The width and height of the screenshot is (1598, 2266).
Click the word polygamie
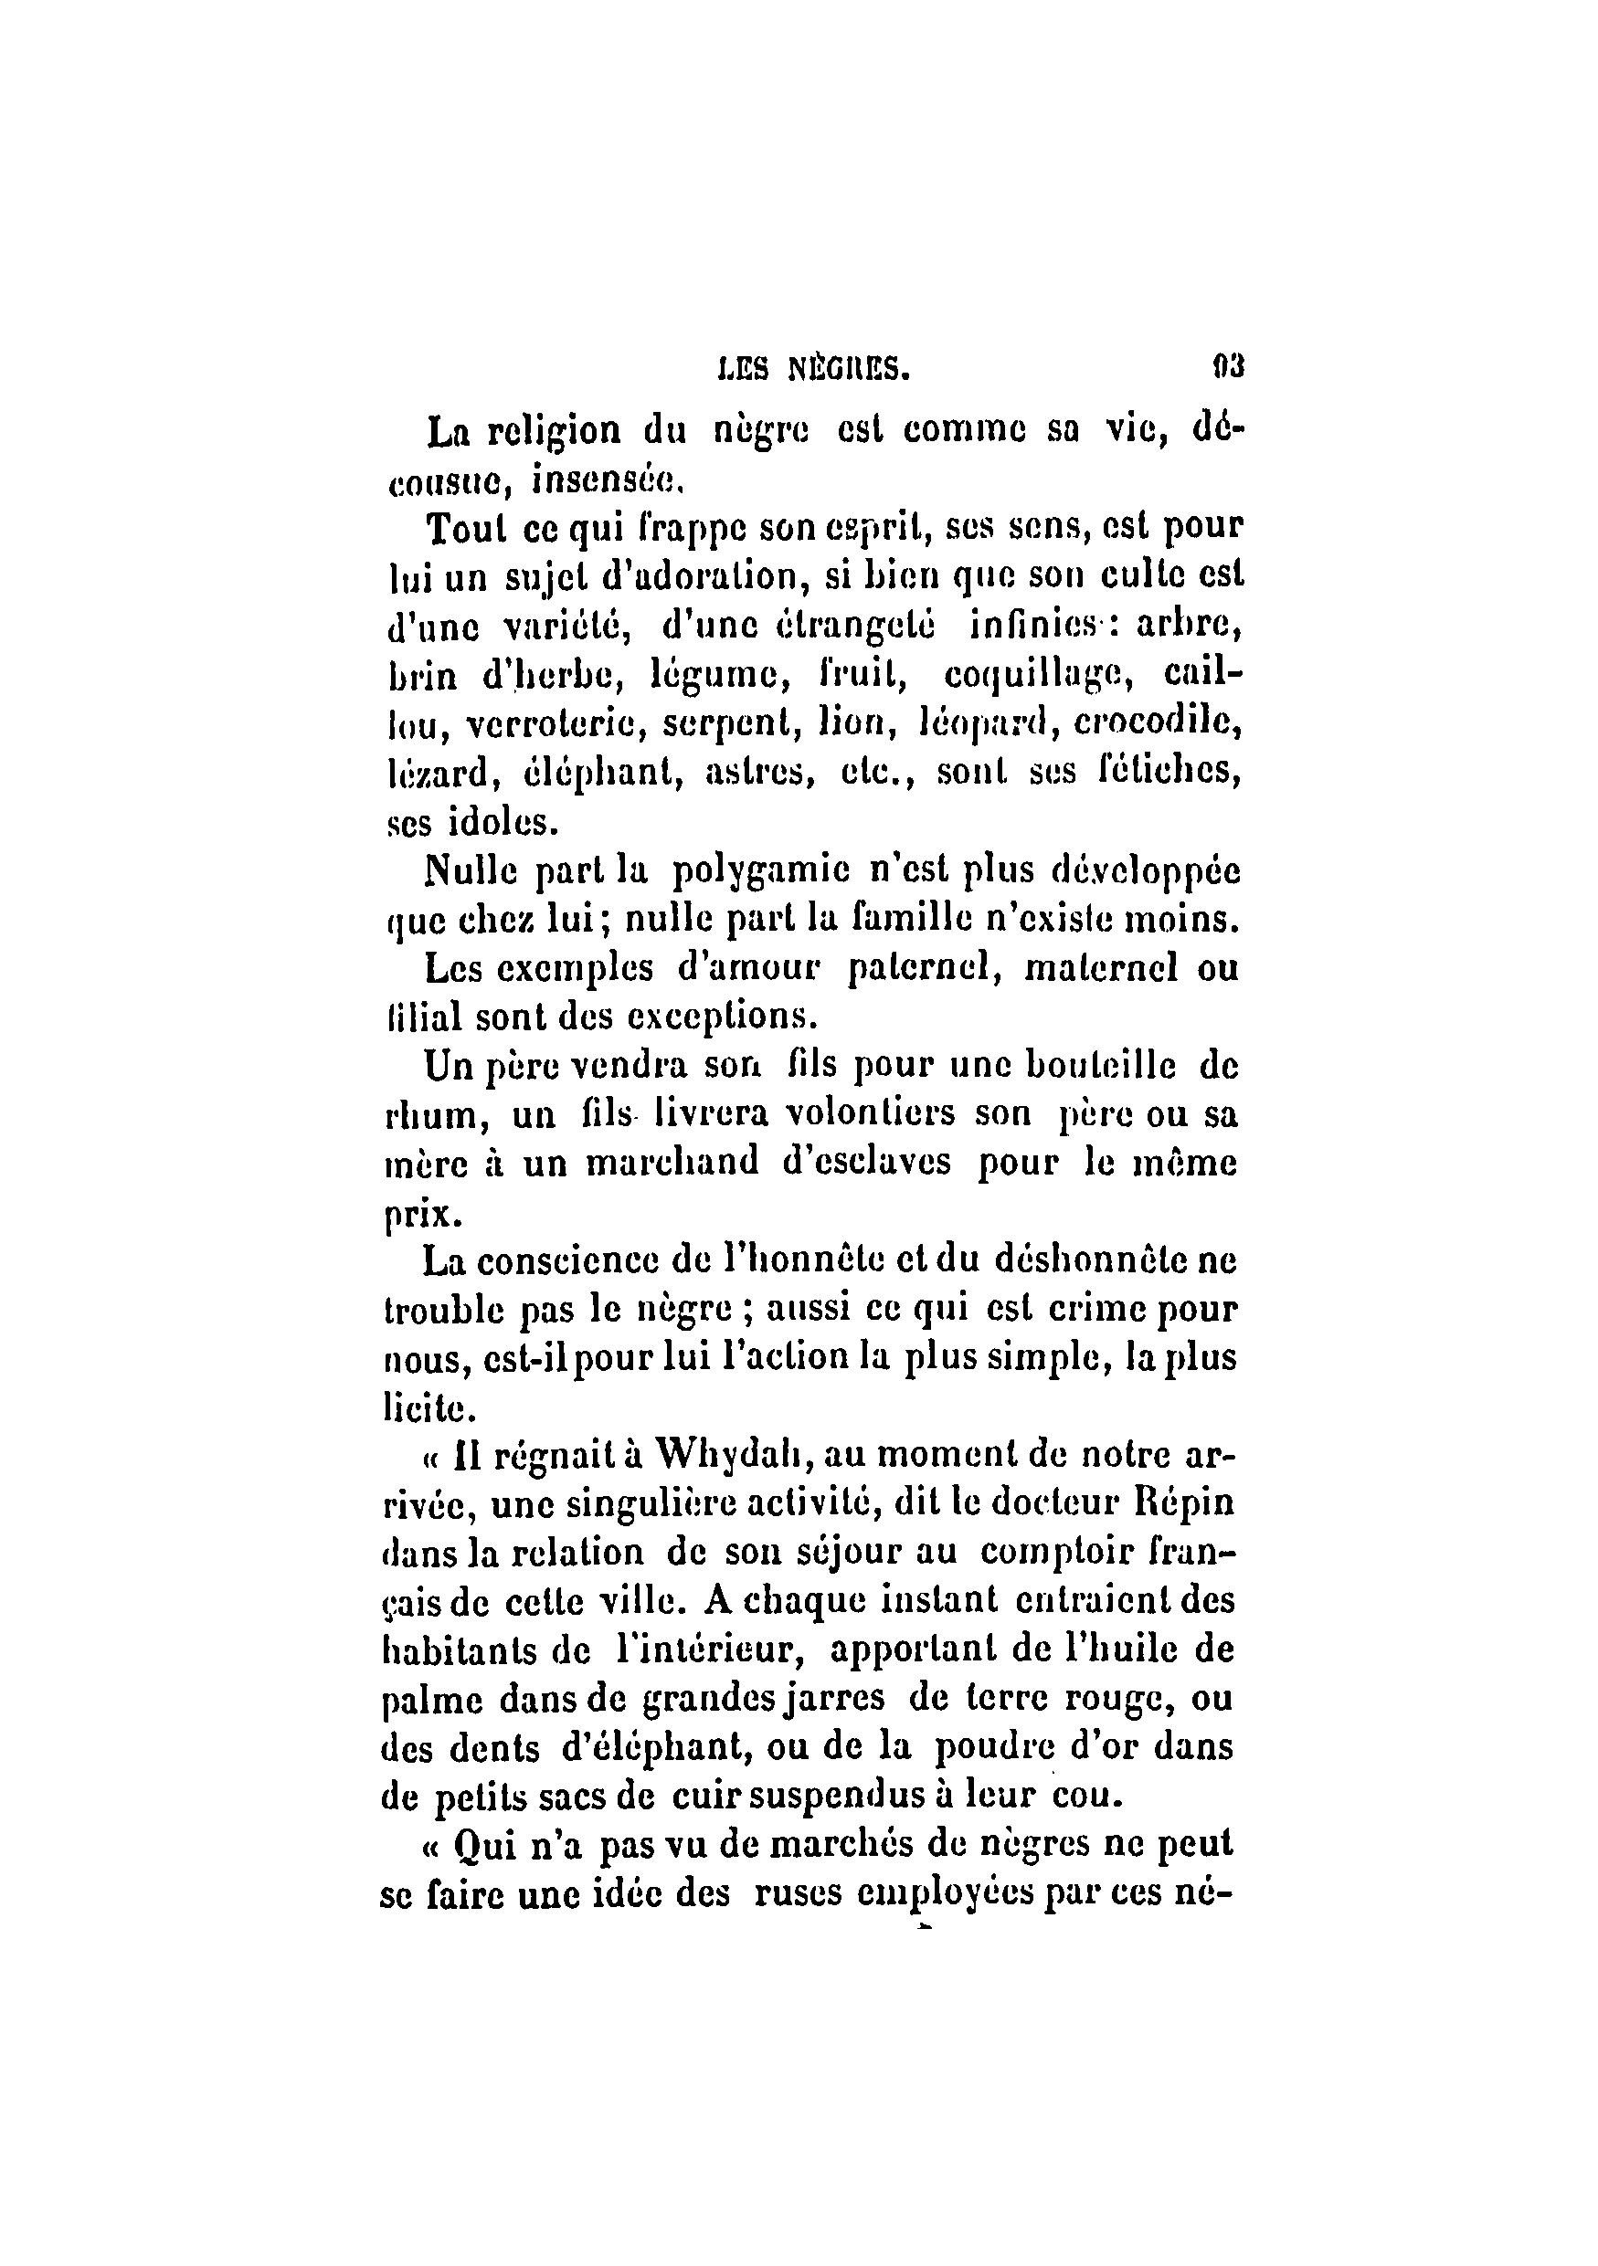[757, 870]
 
